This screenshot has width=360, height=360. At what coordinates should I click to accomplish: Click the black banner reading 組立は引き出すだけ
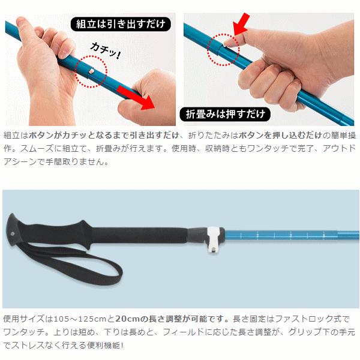pos(120,25)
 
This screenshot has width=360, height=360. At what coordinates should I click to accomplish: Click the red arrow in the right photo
pos(241,25)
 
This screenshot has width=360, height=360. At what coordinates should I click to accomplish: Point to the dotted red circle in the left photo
pos(91,72)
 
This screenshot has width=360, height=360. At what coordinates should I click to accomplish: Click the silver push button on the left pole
pos(92,71)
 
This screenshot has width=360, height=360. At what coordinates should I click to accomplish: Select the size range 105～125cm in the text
pos(80,320)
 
